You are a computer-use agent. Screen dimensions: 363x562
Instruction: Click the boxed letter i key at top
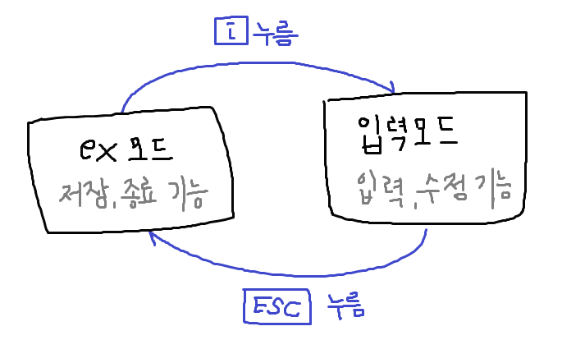(x=230, y=31)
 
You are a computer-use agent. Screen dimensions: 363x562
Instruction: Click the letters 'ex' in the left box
(x=98, y=151)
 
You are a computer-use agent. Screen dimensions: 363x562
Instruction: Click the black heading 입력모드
(x=406, y=131)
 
